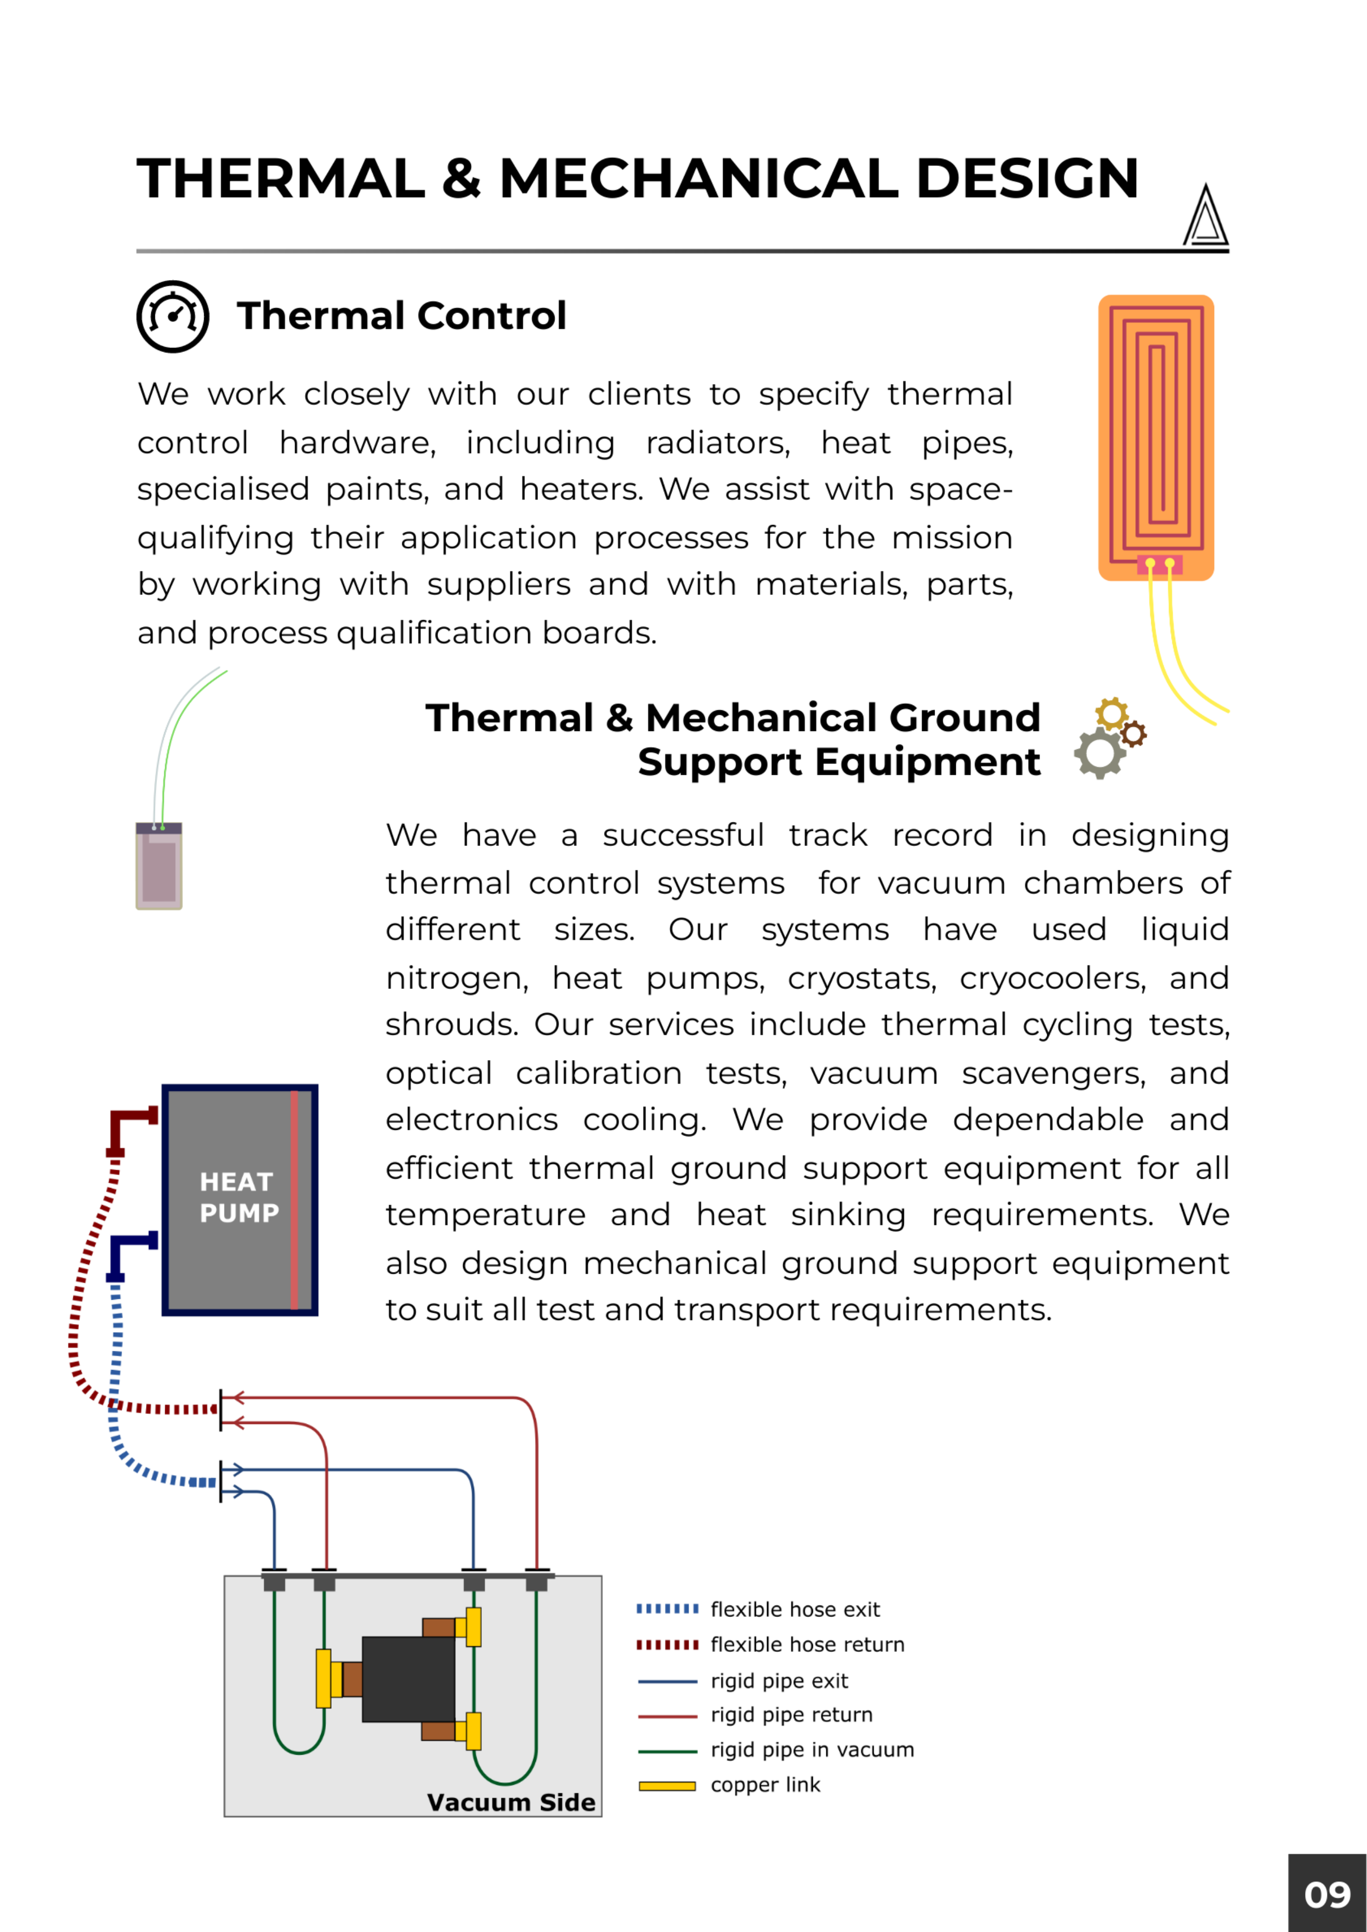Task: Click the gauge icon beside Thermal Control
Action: coord(173,317)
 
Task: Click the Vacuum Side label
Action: coord(511,1803)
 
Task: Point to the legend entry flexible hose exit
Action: coord(795,1610)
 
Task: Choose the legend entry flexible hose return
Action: coord(806,1645)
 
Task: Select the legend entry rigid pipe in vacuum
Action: coord(811,1750)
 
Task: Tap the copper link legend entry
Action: coord(764,1785)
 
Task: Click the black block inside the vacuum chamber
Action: coord(408,1679)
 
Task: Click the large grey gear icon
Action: coord(1099,752)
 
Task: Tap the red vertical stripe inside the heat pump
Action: coord(294,1199)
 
